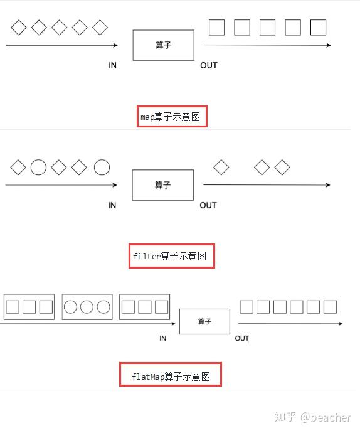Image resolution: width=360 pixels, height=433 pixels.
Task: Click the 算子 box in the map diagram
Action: pos(163,45)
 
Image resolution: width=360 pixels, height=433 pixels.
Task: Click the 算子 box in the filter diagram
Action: pos(162,185)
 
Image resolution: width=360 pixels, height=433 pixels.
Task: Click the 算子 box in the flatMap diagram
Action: pos(204,321)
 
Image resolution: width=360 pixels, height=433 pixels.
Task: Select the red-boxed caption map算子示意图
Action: pos(172,117)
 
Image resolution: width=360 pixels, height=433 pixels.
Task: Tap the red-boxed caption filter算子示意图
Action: pos(172,256)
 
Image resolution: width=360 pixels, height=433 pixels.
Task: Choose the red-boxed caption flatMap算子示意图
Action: pos(171,377)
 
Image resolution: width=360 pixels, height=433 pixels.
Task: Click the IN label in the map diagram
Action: pos(113,65)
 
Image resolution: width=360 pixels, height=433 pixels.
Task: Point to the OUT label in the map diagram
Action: pos(209,65)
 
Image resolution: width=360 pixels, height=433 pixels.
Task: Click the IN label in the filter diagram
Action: pos(112,205)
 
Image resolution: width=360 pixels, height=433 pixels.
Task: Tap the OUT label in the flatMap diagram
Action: pos(242,338)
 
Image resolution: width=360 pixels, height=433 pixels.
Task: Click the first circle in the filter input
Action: pos(39,168)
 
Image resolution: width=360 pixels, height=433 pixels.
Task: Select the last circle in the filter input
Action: pos(102,168)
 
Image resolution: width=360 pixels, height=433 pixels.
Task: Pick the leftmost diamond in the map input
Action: pos(19,28)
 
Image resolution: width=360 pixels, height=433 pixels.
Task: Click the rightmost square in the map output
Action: pos(319,28)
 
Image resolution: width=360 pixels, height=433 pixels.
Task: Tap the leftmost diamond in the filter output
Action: pos(221,168)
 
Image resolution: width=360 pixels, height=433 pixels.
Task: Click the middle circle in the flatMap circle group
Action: pos(87,307)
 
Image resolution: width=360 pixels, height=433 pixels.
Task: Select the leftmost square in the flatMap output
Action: pos(247,307)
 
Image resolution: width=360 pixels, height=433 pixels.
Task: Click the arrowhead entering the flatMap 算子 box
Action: pos(174,324)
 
